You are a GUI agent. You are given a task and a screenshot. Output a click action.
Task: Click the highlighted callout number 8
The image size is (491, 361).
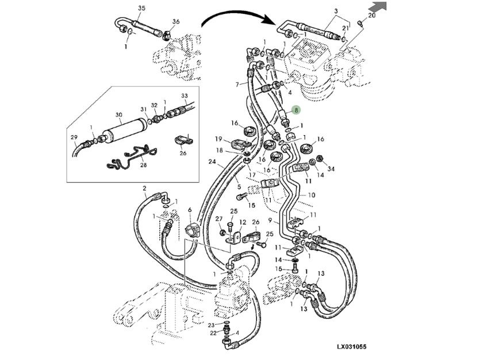pyautogui.click(x=296, y=109)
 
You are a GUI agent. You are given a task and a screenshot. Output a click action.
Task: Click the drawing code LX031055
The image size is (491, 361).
pyautogui.click(x=351, y=347)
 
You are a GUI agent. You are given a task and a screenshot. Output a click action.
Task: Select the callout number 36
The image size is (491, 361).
pyautogui.click(x=176, y=22)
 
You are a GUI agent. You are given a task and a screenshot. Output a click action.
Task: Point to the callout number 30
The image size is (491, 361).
pyautogui.click(x=118, y=115)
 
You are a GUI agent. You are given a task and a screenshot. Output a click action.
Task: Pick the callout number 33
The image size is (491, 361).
pyautogui.click(x=185, y=95)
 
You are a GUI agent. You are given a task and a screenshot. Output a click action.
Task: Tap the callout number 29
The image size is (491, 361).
pyautogui.click(x=74, y=137)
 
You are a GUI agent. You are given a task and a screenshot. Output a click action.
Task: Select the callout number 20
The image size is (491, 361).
pyautogui.click(x=371, y=16)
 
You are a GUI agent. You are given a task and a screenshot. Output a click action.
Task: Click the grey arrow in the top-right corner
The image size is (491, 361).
pyautogui.click(x=377, y=7)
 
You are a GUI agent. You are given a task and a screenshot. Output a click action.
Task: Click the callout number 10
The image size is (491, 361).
pyautogui.click(x=311, y=195)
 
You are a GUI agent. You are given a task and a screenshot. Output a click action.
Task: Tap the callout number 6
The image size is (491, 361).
pyautogui.click(x=190, y=211)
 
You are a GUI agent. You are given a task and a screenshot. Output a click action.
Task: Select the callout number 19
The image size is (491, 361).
pyautogui.click(x=219, y=139)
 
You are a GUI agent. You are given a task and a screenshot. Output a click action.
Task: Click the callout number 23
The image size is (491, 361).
pyautogui.click(x=211, y=325)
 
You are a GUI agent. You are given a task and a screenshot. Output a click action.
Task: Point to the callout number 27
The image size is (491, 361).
pyautogui.click(x=218, y=219)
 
